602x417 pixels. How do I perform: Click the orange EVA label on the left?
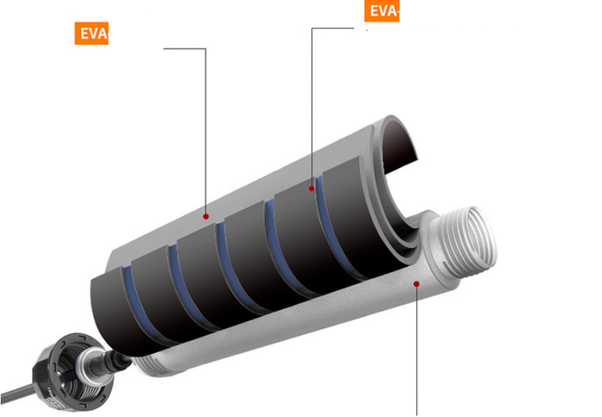(91, 34)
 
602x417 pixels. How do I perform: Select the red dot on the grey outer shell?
(206, 216)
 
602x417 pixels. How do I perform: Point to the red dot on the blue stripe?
(312, 187)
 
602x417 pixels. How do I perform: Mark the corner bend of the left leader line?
(205, 49)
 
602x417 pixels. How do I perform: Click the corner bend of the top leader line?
(312, 29)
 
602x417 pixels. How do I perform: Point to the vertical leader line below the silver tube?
(417, 357)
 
